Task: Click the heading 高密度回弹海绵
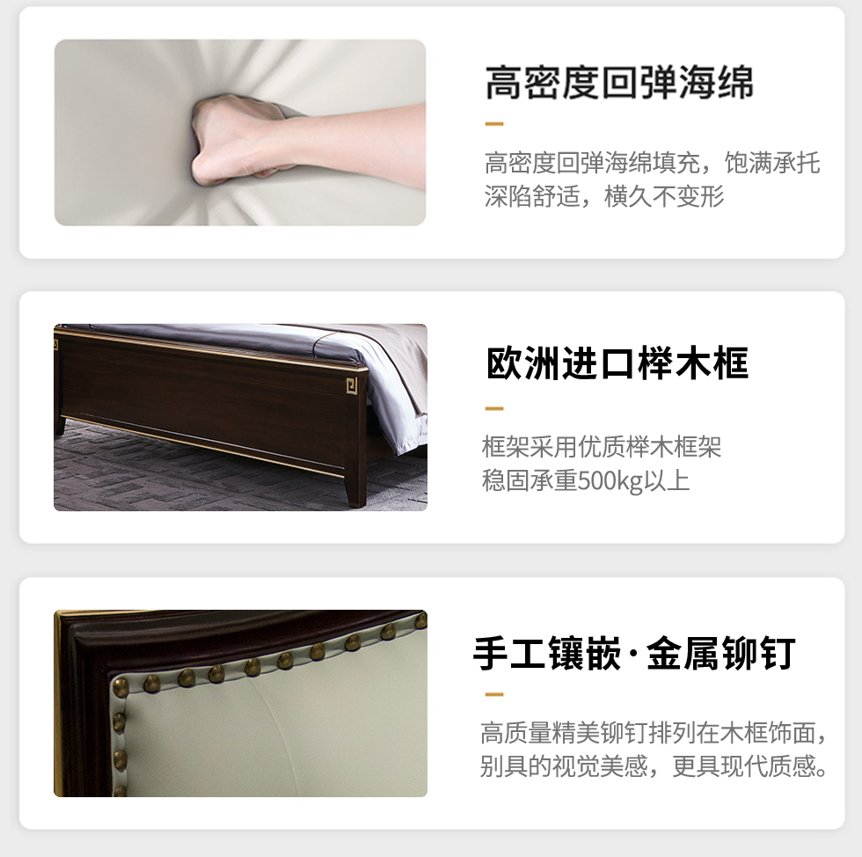click(x=619, y=83)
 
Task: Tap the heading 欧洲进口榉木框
click(x=617, y=363)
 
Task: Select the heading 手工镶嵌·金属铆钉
click(x=634, y=653)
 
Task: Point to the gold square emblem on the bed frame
click(x=352, y=385)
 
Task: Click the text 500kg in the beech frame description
click(x=610, y=480)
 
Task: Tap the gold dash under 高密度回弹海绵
click(x=494, y=124)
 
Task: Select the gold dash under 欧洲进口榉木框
click(x=494, y=408)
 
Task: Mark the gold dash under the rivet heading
click(x=494, y=694)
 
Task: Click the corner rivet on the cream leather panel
click(x=120, y=686)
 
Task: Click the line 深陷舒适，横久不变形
click(x=603, y=196)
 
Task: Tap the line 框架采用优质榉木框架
click(x=602, y=447)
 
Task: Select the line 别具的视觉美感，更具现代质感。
click(x=654, y=765)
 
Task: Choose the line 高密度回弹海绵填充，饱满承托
click(x=652, y=163)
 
